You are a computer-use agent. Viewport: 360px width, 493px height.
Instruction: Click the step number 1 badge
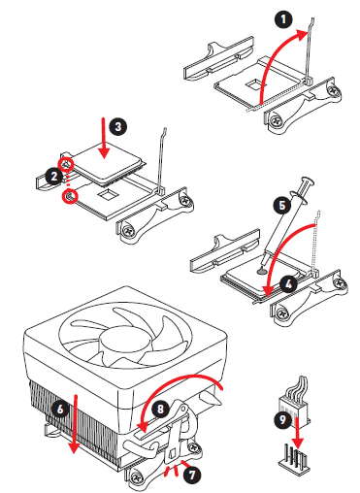tap(283, 19)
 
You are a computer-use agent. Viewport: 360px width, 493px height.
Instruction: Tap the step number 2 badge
tap(54, 177)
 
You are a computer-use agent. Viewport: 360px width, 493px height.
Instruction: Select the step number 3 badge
tap(117, 126)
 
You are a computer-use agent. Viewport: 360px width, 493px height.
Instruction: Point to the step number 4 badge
tap(288, 284)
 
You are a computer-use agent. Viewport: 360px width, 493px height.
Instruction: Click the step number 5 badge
tap(282, 205)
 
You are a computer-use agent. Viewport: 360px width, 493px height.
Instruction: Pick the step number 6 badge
tap(60, 409)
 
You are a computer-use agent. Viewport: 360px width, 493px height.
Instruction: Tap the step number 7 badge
tap(192, 475)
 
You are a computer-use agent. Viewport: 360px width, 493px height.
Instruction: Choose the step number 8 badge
tap(160, 409)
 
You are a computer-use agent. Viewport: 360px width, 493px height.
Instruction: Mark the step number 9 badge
tap(282, 419)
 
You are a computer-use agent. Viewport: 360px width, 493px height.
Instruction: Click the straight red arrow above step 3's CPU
tap(104, 139)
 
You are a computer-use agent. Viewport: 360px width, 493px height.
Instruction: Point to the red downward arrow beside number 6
tap(75, 424)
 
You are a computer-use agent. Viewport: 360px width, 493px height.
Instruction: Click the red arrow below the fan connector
tap(298, 434)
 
